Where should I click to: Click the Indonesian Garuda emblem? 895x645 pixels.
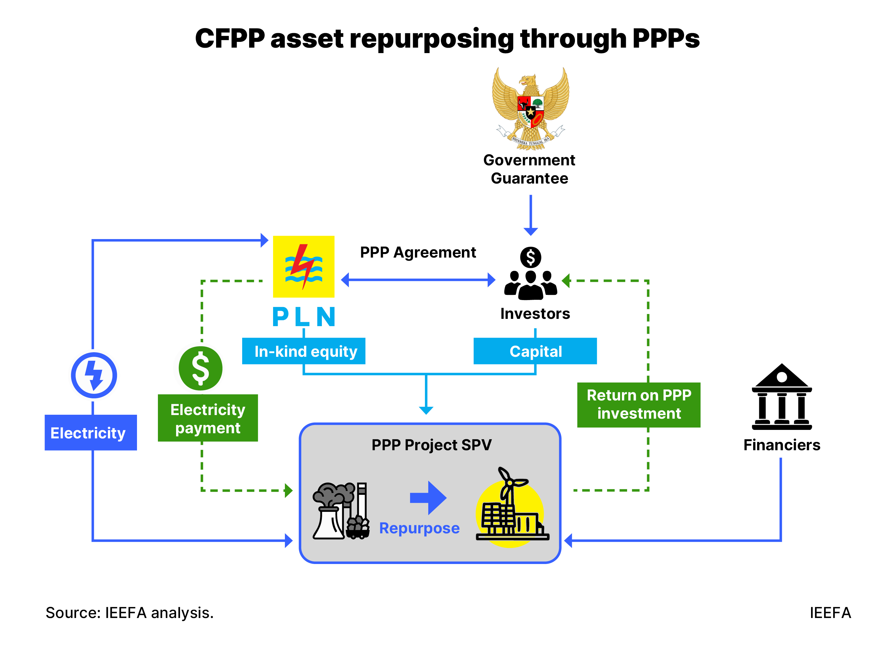(x=530, y=109)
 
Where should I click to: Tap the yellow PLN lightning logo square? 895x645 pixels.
(x=303, y=267)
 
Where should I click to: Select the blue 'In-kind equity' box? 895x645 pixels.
(x=303, y=351)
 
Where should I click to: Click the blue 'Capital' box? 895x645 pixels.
(x=535, y=351)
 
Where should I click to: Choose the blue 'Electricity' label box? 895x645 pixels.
(x=90, y=433)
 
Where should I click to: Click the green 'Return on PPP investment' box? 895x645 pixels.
(x=639, y=404)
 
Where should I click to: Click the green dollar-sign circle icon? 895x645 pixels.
(x=200, y=368)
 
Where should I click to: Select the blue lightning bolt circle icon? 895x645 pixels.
(x=94, y=375)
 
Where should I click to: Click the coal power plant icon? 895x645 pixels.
(x=341, y=510)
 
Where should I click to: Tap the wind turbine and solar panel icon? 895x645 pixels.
(x=511, y=508)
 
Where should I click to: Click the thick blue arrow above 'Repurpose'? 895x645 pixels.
(x=428, y=498)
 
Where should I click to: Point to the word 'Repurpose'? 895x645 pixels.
(x=419, y=528)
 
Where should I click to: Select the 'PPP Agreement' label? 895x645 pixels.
(x=418, y=252)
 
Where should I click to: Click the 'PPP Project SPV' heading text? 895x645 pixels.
(x=431, y=445)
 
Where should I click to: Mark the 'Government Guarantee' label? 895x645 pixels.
(x=529, y=169)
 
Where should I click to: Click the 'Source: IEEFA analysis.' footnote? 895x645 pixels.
(x=129, y=613)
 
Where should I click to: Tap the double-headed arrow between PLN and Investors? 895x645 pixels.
(x=418, y=280)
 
